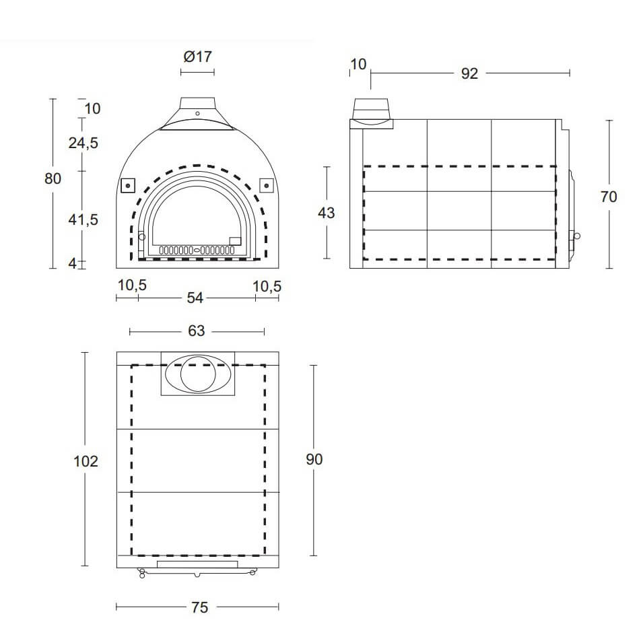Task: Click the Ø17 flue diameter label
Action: (x=198, y=57)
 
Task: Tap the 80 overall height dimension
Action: (x=53, y=179)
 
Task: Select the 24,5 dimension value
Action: (x=83, y=143)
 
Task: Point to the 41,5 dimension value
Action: (x=83, y=219)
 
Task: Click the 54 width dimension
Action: (x=195, y=298)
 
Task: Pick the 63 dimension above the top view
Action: (x=197, y=331)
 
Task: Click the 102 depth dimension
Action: (x=86, y=462)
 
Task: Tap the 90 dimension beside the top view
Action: (x=314, y=459)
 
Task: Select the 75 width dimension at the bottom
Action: (x=200, y=607)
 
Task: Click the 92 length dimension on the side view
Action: (x=469, y=74)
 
